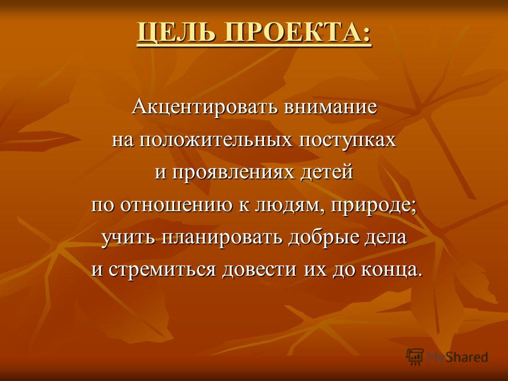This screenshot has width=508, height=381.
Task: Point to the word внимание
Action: [x=330, y=107]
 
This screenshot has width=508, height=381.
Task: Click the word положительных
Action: [x=218, y=140]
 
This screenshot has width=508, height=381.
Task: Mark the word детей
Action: [x=326, y=173]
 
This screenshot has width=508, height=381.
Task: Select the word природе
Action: [x=370, y=206]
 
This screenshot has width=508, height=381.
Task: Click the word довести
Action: [x=259, y=270]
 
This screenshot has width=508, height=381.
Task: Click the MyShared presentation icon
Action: [x=415, y=357]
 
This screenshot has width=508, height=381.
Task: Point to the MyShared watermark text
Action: [x=457, y=357]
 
